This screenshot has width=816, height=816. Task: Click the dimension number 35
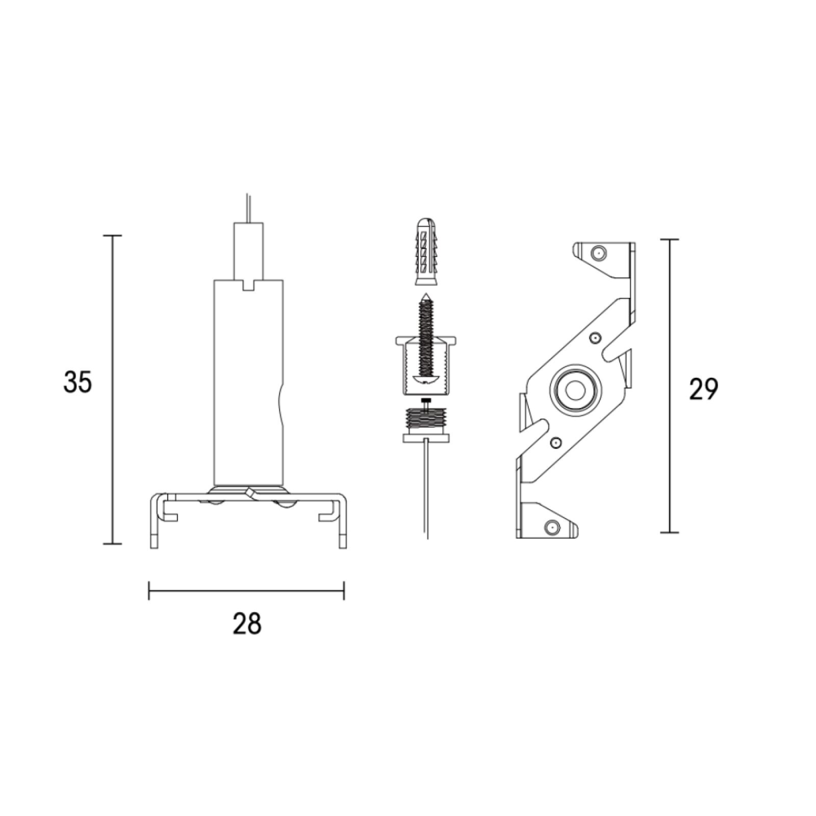[78, 382]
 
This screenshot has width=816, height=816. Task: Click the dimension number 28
[247, 623]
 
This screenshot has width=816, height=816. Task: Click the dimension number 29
[703, 389]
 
